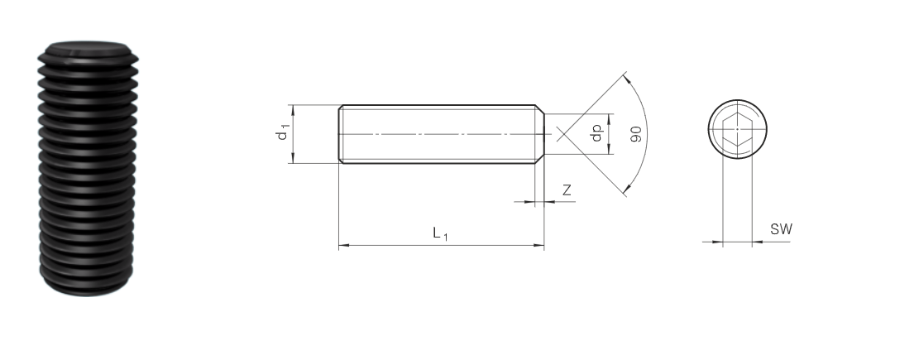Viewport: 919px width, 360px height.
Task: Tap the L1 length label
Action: (x=440, y=233)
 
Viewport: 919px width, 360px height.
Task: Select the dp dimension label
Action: (x=597, y=133)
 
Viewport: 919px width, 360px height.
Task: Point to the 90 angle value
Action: (x=636, y=134)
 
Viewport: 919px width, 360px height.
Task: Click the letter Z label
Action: (x=567, y=190)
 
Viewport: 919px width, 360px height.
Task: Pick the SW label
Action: (x=781, y=229)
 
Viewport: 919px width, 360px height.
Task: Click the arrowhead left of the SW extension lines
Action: (x=716, y=241)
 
